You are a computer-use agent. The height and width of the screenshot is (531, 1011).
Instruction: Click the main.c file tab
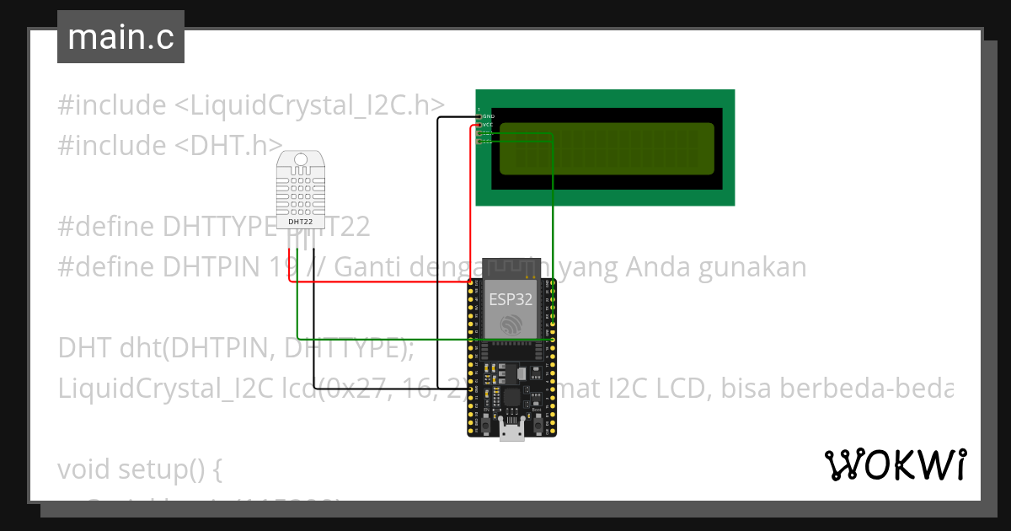[x=120, y=37]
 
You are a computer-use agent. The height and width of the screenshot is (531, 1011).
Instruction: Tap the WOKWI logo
[x=895, y=464]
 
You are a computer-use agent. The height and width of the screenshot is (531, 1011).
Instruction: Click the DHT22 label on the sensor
[x=301, y=223]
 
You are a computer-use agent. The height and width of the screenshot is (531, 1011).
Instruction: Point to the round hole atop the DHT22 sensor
[x=301, y=160]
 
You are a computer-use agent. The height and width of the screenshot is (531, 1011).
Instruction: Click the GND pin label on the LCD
[x=489, y=115]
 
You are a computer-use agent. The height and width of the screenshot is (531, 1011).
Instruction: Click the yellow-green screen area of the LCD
[x=607, y=148]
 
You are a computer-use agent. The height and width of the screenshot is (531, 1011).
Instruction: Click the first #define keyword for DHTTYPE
[x=106, y=227]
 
